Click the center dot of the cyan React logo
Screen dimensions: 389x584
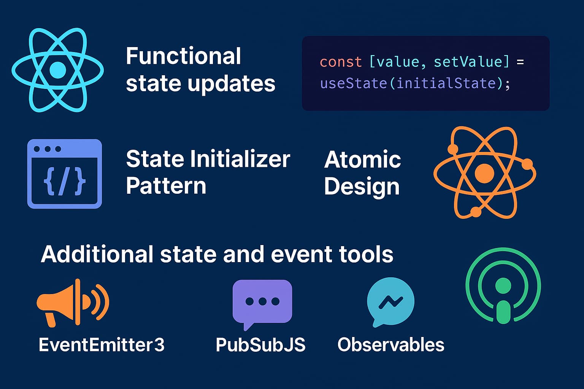coord(58,70)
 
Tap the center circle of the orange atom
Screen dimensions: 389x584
coord(484,173)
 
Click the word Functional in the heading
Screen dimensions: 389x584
coord(183,56)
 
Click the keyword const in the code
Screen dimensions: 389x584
coord(341,62)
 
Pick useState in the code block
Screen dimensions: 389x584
coord(353,83)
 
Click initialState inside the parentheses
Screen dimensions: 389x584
coord(446,83)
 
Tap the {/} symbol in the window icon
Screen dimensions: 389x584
coord(65,182)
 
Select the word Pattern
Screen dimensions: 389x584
coord(166,186)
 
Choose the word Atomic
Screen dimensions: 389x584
coord(362,160)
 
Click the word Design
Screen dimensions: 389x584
coord(362,187)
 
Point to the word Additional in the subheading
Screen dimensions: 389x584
coord(97,254)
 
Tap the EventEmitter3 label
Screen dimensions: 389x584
coord(102,345)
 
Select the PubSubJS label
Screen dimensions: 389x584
coord(260,345)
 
